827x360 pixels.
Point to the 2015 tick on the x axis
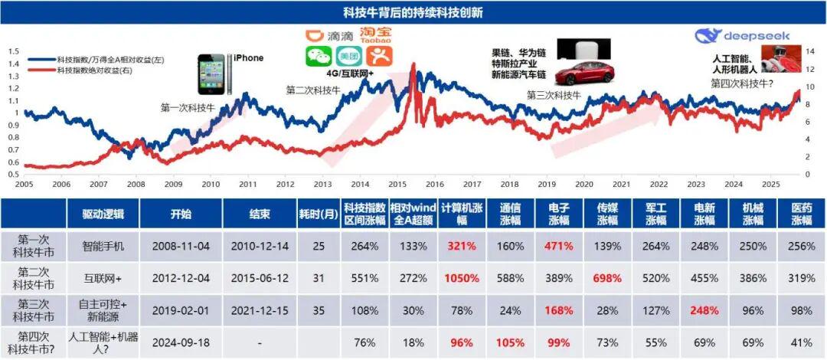[x=397, y=185]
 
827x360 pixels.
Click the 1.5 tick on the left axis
[x=13, y=51]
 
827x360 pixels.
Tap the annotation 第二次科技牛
[x=312, y=90]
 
